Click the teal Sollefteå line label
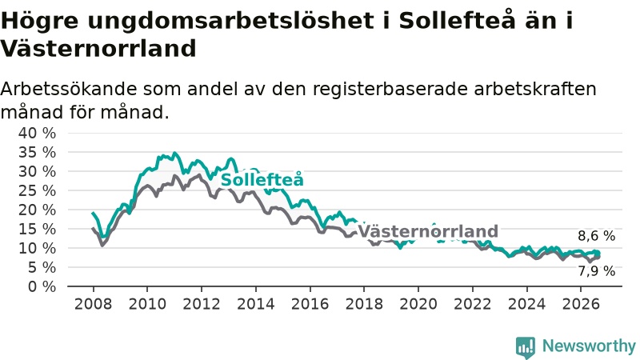(x=262, y=179)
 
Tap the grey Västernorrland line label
(x=428, y=231)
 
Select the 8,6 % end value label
(x=596, y=236)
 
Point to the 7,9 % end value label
(x=596, y=271)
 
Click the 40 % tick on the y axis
(x=37, y=133)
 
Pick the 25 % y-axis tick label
(x=37, y=190)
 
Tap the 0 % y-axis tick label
(x=42, y=286)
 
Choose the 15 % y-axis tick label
(x=37, y=229)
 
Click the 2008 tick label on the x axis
(x=93, y=304)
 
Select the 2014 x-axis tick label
(x=256, y=304)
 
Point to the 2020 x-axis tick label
(x=418, y=304)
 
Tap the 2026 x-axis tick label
(x=581, y=304)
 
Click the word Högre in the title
(x=39, y=21)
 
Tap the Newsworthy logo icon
(x=526, y=347)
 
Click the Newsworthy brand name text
(x=589, y=346)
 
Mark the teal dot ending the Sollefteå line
(x=598, y=254)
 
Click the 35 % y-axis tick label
(x=37, y=152)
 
